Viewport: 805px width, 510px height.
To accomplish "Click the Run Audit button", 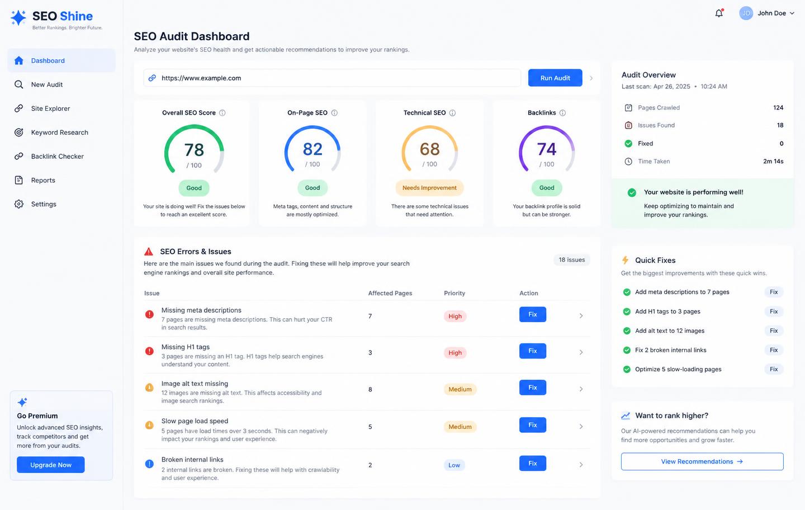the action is pyautogui.click(x=555, y=78).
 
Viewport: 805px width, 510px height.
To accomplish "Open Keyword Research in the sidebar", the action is pyautogui.click(x=60, y=133).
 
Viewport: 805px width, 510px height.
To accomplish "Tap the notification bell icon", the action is pyautogui.click(x=719, y=13).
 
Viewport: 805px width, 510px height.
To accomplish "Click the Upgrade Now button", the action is pyautogui.click(x=51, y=465).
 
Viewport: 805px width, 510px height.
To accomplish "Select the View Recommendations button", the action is pyautogui.click(x=702, y=461).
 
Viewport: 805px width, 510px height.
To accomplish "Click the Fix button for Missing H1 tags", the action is pyautogui.click(x=533, y=351).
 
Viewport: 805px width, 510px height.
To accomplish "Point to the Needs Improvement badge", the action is pyautogui.click(x=429, y=187).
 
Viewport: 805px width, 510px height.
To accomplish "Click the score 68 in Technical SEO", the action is pyautogui.click(x=429, y=149).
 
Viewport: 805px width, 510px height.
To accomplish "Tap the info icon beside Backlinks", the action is pyautogui.click(x=562, y=113).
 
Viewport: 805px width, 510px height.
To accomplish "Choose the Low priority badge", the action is pyautogui.click(x=454, y=465).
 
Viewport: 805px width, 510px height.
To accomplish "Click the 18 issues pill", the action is pyautogui.click(x=572, y=259).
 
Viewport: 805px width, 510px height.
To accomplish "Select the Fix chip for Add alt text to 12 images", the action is pyautogui.click(x=774, y=330).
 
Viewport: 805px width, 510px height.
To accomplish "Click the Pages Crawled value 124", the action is pyautogui.click(x=778, y=107).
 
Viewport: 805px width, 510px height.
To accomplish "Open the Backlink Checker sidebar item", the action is pyautogui.click(x=58, y=157).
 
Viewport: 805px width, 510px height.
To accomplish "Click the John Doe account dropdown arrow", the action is pyautogui.click(x=792, y=13).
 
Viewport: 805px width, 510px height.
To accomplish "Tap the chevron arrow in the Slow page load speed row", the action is pyautogui.click(x=581, y=426).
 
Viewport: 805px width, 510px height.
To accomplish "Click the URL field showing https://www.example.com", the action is pyautogui.click(x=332, y=78).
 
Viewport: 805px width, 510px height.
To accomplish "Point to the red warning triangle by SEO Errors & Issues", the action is pyautogui.click(x=149, y=251).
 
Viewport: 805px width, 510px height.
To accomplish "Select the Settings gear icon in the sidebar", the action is pyautogui.click(x=18, y=204).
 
